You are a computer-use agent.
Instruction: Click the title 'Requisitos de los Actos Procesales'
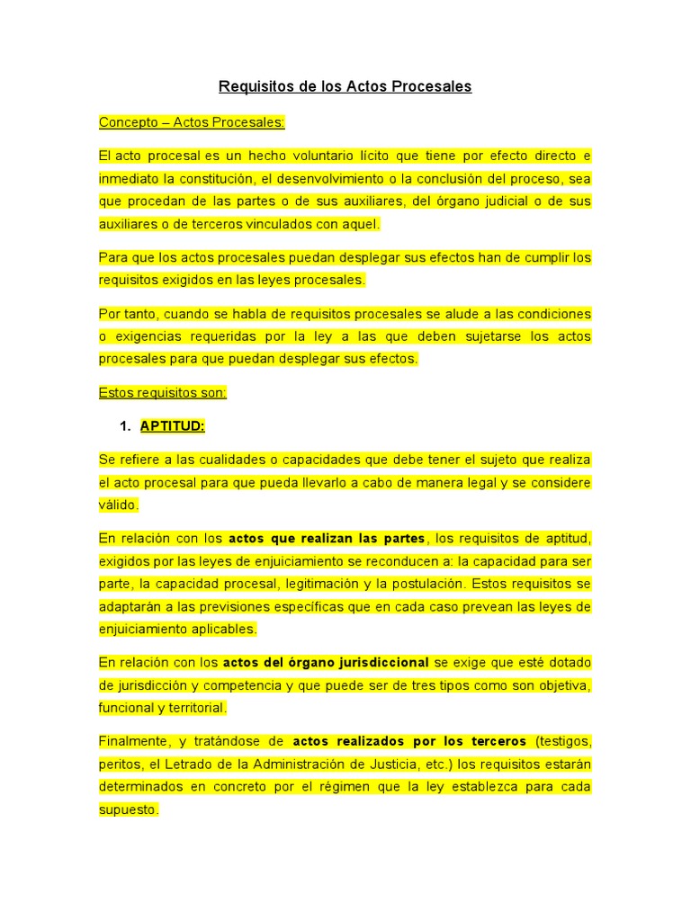click(x=345, y=87)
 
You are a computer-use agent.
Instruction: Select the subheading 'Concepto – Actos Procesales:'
click(x=192, y=122)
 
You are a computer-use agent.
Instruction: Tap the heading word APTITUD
click(x=173, y=426)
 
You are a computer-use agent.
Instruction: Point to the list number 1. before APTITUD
click(x=126, y=426)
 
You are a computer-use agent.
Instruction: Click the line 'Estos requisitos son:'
click(x=163, y=392)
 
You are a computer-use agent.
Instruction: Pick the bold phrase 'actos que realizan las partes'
click(x=327, y=539)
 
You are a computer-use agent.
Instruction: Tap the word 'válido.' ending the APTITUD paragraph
click(x=119, y=505)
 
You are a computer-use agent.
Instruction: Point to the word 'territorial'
click(x=195, y=708)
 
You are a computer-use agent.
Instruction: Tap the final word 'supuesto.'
click(x=129, y=809)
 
